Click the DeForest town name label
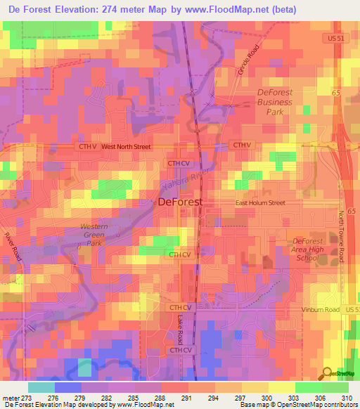tap(179, 202)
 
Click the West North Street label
tap(126, 147)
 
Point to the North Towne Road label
tap(343, 236)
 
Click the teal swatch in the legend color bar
tap(41, 387)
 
